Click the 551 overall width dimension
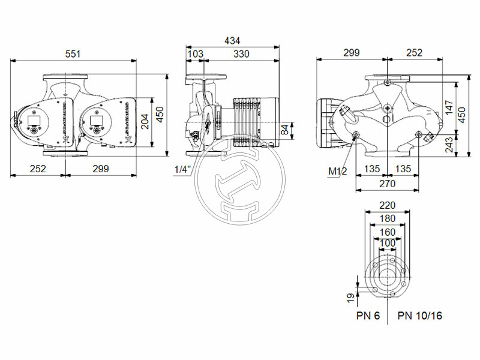click(x=73, y=54)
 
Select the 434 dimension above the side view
click(x=232, y=41)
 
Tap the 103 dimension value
click(x=196, y=54)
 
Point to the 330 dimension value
click(x=241, y=54)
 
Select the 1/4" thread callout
click(x=182, y=170)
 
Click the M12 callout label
click(x=337, y=172)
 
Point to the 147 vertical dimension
click(x=450, y=108)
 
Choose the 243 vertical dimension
click(x=450, y=145)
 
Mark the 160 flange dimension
click(x=387, y=232)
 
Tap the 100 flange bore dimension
click(x=387, y=242)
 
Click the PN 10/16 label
click(x=419, y=316)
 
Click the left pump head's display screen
click(x=32, y=118)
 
